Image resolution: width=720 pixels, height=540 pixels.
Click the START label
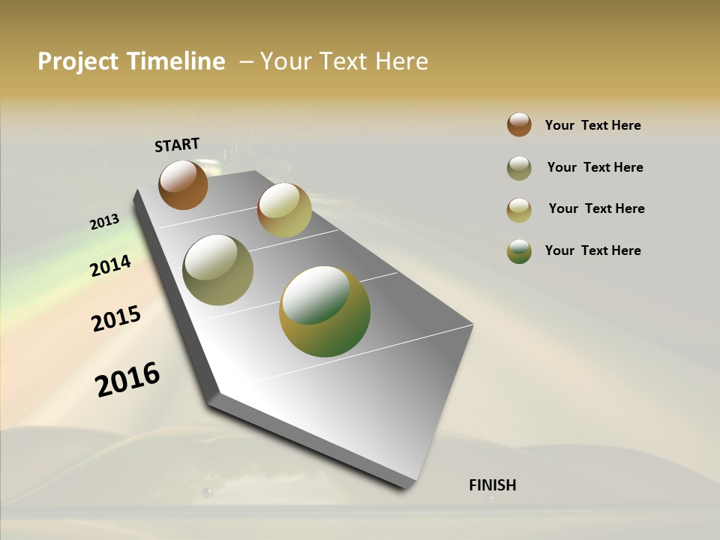click(177, 145)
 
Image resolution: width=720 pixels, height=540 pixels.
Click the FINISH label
click(493, 485)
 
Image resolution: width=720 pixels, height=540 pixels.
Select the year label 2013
click(105, 222)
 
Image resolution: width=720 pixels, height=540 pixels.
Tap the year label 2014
click(111, 265)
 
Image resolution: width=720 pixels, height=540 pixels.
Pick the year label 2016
click(127, 379)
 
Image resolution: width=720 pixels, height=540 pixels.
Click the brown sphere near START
click(183, 184)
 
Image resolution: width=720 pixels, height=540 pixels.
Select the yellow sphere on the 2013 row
click(284, 210)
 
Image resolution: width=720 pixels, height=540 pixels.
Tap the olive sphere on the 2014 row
click(218, 270)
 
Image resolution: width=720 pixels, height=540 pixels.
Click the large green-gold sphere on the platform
click(325, 311)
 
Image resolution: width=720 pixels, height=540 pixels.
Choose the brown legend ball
click(519, 124)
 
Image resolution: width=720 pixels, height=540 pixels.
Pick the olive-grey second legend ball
click(519, 168)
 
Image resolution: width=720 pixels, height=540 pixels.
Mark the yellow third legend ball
click(519, 210)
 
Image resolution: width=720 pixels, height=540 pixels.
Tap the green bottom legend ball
click(519, 251)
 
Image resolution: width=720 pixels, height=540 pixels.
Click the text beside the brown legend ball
click(592, 125)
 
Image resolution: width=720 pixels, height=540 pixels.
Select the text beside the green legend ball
click(592, 250)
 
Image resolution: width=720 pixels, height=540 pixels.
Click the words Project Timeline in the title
click(131, 61)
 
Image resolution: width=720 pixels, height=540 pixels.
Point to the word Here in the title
click(401, 61)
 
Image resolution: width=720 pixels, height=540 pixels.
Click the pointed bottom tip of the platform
click(408, 486)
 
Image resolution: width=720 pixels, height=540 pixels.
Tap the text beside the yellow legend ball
click(596, 208)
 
